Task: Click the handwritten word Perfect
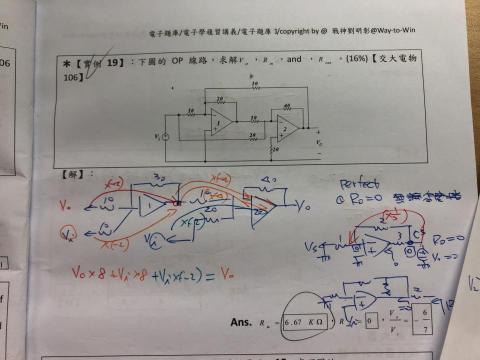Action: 359,184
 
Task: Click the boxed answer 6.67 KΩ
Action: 304,322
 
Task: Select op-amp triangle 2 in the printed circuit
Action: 287,126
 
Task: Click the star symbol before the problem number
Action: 66,64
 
